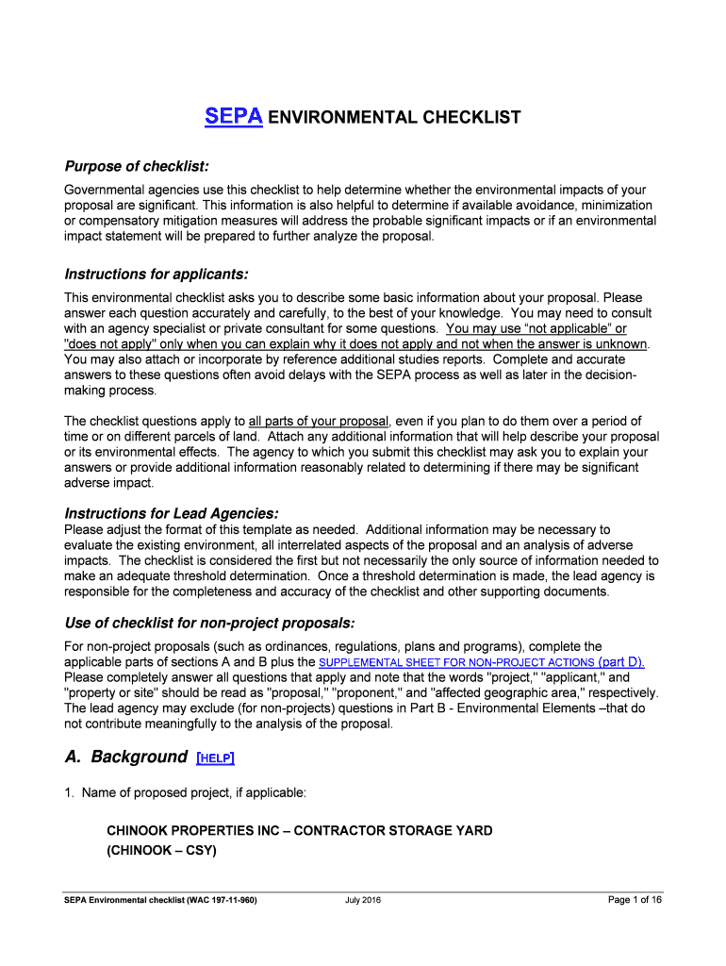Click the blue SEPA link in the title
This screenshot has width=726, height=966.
234,117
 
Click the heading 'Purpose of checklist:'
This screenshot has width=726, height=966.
136,166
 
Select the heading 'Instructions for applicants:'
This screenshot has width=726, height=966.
157,274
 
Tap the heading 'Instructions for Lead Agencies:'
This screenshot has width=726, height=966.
172,513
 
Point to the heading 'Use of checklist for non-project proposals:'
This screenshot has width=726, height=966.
209,623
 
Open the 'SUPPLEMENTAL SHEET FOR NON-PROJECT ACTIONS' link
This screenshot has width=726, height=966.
456,662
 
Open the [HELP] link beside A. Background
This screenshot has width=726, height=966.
216,758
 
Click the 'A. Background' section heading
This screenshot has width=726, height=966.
125,757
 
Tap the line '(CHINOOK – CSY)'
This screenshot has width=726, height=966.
161,850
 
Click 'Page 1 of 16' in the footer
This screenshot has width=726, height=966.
635,899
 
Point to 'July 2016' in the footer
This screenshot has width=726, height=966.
363,899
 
